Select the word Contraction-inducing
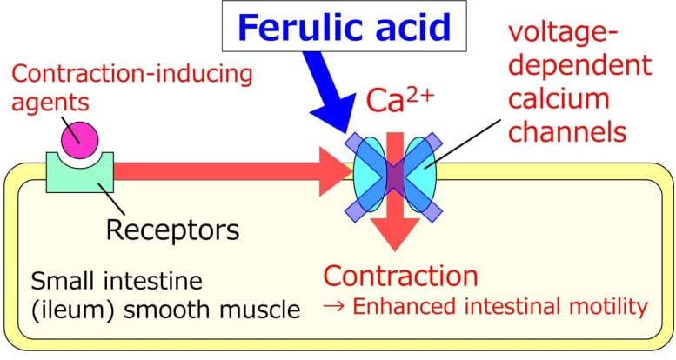[x=131, y=73]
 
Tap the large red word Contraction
[x=400, y=276]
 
